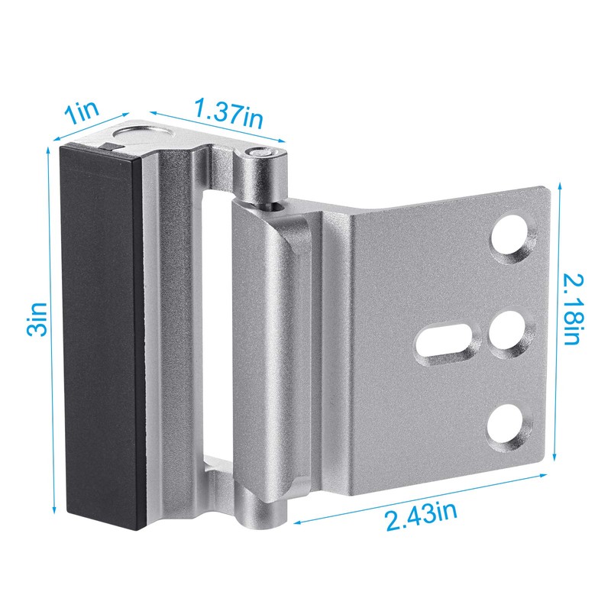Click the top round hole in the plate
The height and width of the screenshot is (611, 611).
tap(510, 237)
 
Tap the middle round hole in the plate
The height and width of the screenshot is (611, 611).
tap(506, 335)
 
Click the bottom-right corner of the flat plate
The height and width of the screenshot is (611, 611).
tap(544, 458)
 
